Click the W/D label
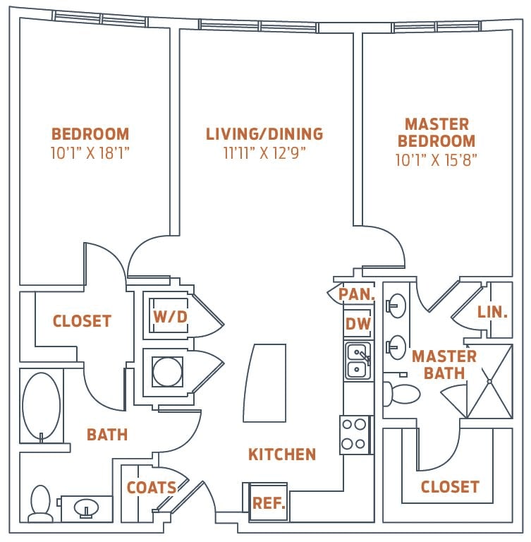(171, 317)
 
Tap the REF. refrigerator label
(269, 504)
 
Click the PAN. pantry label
(355, 294)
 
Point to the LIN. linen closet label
(492, 312)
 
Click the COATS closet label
(152, 488)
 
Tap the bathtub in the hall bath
(41, 406)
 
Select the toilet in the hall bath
(41, 505)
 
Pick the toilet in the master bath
(402, 393)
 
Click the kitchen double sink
(358, 361)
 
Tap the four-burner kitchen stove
(355, 434)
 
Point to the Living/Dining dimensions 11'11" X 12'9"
(264, 152)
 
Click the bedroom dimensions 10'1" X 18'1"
(90, 152)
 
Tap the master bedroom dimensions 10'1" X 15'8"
(437, 160)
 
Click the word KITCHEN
(282, 454)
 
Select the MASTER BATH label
(444, 364)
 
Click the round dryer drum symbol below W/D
(168, 371)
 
